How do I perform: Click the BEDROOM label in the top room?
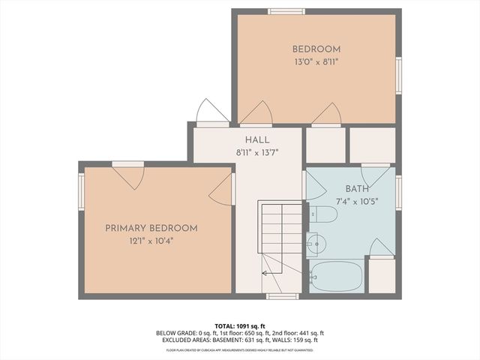(x=316, y=49)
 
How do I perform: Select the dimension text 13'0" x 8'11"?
(x=316, y=62)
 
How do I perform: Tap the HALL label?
(x=257, y=139)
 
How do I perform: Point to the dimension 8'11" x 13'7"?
(x=257, y=152)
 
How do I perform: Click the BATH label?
(x=357, y=189)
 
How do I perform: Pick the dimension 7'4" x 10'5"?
(x=357, y=201)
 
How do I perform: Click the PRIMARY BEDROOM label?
(x=151, y=228)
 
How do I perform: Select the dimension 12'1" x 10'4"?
(x=151, y=241)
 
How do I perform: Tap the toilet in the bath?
(x=322, y=214)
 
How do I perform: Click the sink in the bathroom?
(x=315, y=244)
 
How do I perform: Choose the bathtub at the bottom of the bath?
(x=336, y=276)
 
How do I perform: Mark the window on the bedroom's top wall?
(x=286, y=11)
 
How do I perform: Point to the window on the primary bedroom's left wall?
(x=81, y=192)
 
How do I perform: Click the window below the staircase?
(x=282, y=296)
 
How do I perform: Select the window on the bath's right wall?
(x=398, y=192)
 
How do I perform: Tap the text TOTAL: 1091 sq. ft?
(x=240, y=326)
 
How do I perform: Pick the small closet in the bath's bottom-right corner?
(x=382, y=276)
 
